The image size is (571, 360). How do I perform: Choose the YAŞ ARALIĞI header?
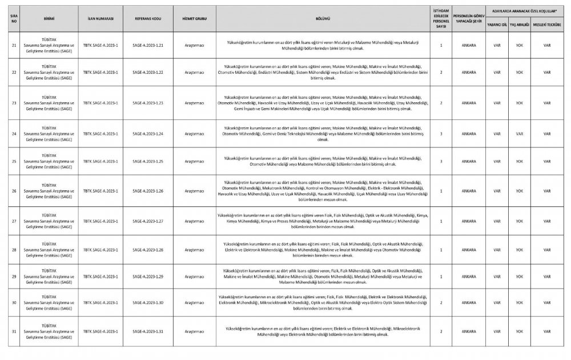pyautogui.click(x=519, y=25)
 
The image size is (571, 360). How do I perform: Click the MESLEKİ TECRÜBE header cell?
pyautogui.click(x=546, y=25)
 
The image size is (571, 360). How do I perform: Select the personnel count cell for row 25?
pyautogui.click(x=441, y=162)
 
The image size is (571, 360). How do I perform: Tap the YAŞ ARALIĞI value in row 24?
pyautogui.click(x=519, y=134)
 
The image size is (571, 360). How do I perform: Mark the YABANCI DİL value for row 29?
pyautogui.click(x=497, y=277)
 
